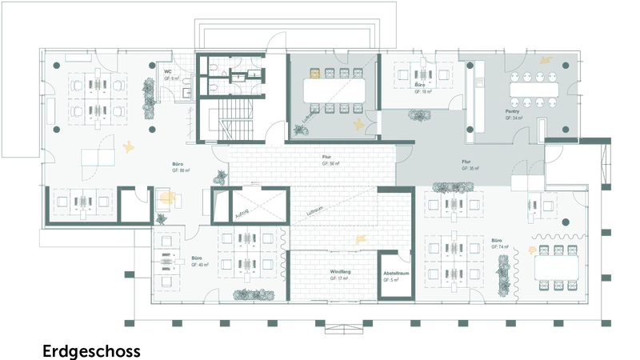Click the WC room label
pos(168,71)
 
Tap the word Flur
pos(326,157)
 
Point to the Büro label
pos(418,82)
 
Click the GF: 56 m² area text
pos(326,163)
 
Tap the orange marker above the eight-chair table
pos(546,58)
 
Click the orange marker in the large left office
pos(128,146)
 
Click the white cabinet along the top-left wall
pos(78,58)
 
